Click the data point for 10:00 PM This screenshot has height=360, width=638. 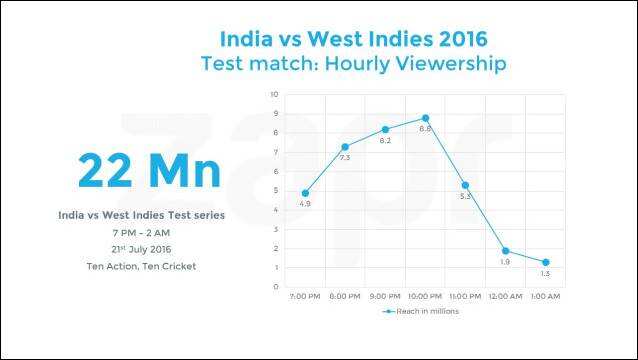[x=425, y=118]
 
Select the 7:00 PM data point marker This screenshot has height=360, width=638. [x=305, y=193]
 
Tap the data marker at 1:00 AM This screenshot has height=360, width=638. [x=546, y=262]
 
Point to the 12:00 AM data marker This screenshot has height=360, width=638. [x=505, y=251]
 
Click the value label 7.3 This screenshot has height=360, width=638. [x=345, y=158]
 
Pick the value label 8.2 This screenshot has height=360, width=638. [x=385, y=141]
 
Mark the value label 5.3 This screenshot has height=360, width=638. [x=465, y=196]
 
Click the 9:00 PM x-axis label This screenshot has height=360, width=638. [x=385, y=297]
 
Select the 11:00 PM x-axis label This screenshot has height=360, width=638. [x=465, y=297]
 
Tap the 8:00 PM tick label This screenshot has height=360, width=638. [x=345, y=297]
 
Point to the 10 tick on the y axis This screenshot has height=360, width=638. [x=275, y=94]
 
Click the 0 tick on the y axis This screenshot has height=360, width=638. [x=276, y=287]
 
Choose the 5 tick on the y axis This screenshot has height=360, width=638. [x=276, y=191]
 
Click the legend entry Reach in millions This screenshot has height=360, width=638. [x=421, y=311]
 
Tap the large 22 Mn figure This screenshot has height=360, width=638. [x=149, y=170]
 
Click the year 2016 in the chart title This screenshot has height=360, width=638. [x=463, y=39]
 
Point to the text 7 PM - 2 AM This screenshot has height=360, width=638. [x=141, y=233]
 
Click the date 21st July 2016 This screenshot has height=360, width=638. [x=141, y=249]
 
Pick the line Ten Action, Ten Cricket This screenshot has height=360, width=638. [x=141, y=266]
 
